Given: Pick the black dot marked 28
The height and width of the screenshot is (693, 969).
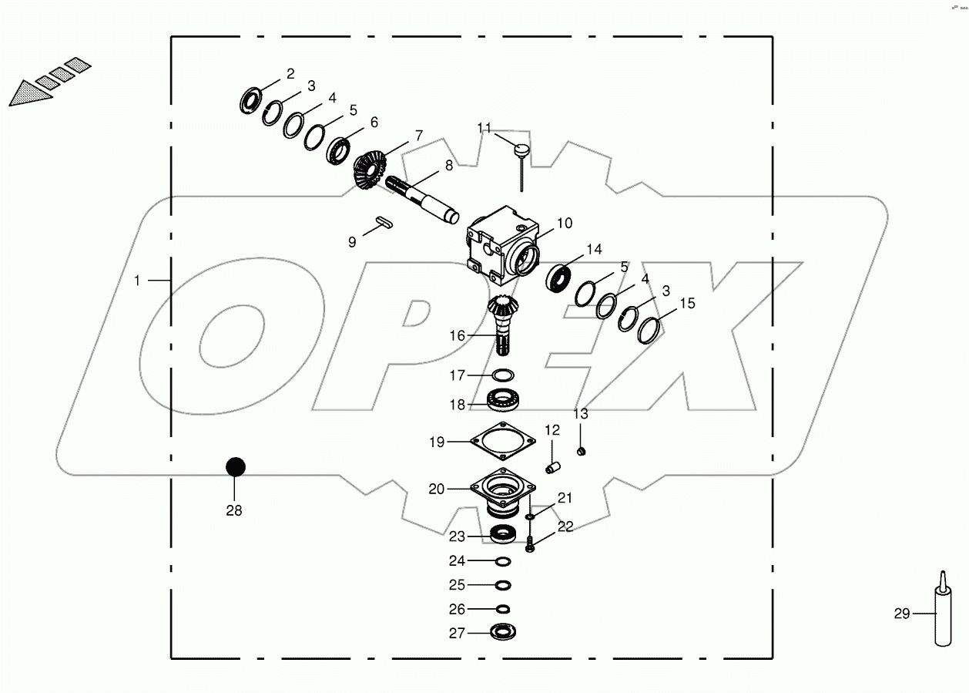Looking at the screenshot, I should (235, 467).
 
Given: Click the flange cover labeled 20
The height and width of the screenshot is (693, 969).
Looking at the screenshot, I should (503, 490).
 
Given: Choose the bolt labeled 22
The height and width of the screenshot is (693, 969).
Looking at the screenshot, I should (530, 547).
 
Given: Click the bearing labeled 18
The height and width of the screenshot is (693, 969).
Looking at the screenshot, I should (505, 400).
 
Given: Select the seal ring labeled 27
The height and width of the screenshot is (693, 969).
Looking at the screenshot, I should (503, 633).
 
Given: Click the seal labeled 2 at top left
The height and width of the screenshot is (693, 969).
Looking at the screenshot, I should (250, 100).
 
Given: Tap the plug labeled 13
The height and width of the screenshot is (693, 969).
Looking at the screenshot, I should (583, 451).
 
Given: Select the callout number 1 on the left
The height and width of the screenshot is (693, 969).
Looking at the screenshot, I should (137, 281).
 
